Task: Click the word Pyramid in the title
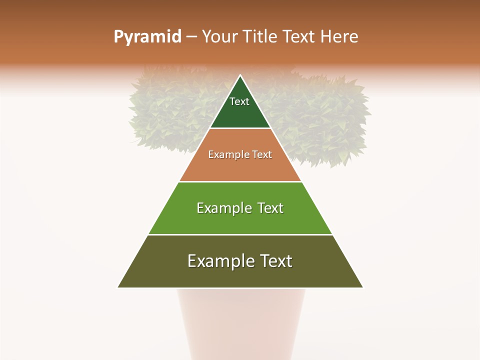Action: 147,37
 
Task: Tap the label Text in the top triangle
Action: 239,101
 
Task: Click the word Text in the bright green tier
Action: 270,208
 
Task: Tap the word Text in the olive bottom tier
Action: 276,261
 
